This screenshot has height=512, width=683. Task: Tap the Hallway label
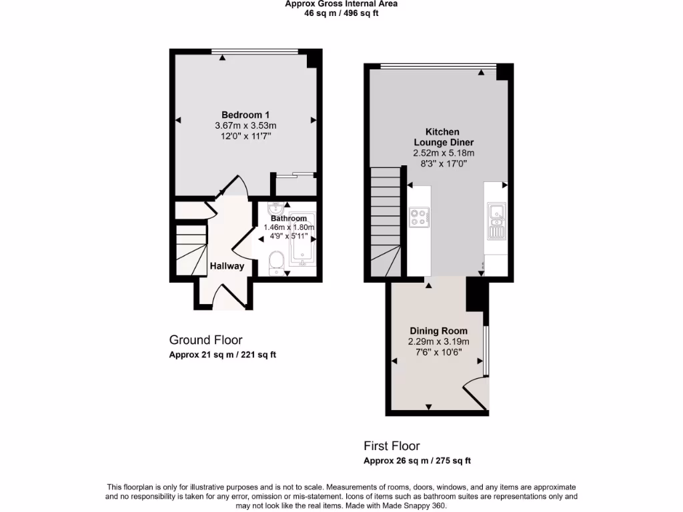(227, 266)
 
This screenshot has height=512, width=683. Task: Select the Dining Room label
(438, 331)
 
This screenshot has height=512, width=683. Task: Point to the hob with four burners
(419, 217)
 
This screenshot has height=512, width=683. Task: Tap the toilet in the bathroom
(274, 263)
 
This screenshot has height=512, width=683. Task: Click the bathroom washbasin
(278, 209)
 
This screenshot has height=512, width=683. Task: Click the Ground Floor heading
(205, 340)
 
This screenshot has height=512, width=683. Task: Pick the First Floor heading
(392, 446)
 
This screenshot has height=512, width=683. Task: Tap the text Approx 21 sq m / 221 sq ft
(222, 355)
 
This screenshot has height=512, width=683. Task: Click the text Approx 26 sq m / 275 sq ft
(417, 461)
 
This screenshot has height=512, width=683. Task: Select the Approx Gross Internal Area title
(341, 4)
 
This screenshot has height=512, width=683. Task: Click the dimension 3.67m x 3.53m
(245, 125)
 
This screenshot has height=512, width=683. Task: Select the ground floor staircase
(191, 250)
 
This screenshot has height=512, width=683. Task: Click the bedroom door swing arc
(235, 187)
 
